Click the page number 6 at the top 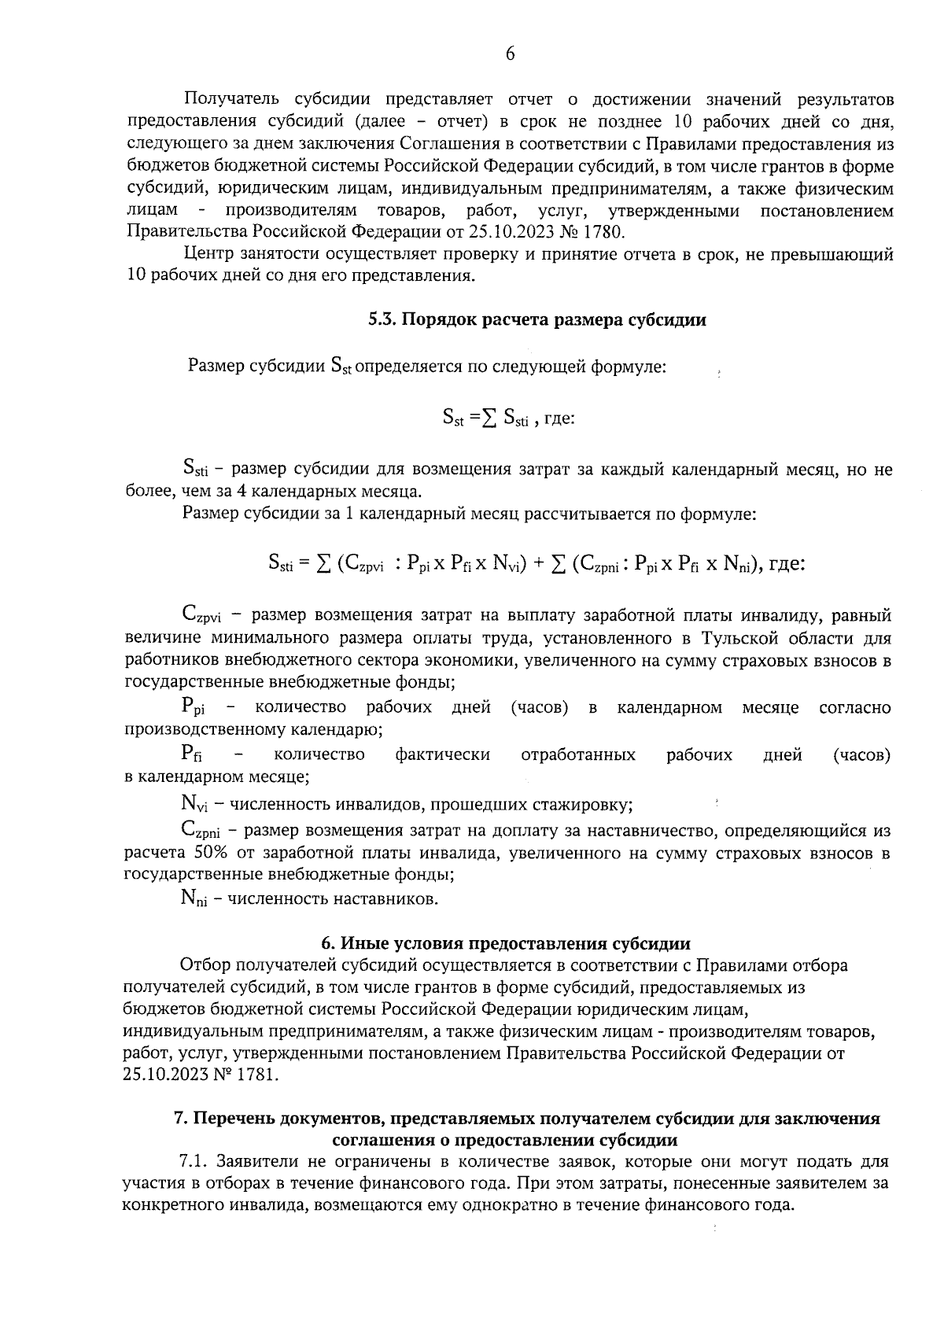(510, 54)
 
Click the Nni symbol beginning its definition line (194, 898)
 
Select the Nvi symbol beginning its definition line (194, 806)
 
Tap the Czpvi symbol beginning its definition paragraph (200, 615)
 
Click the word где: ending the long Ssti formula (785, 563)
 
